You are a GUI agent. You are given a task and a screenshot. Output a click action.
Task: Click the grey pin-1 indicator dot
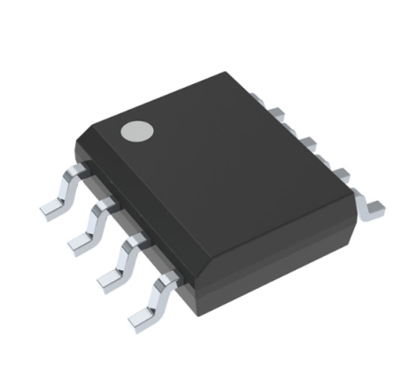pos(137,130)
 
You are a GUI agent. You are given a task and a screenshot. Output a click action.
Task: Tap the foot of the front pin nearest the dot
pos(55,209)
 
